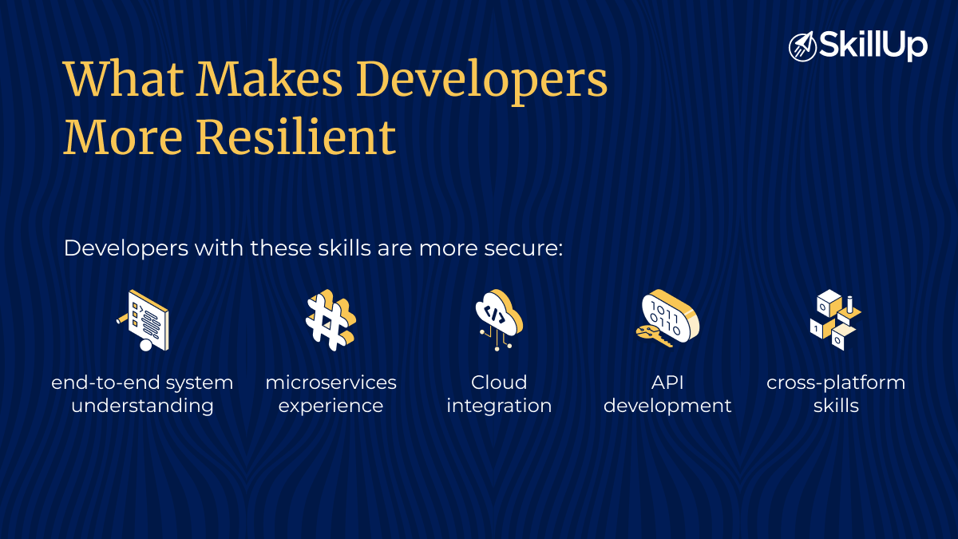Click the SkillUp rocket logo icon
coord(802,46)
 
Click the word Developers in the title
coord(481,79)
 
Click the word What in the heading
coord(122,79)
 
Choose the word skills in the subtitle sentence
coord(342,248)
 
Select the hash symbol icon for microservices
coord(330,320)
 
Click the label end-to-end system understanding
coord(142,394)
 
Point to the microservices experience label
coord(331,394)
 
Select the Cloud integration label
coord(499,394)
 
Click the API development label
coord(667,394)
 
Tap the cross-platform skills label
coord(836,394)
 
